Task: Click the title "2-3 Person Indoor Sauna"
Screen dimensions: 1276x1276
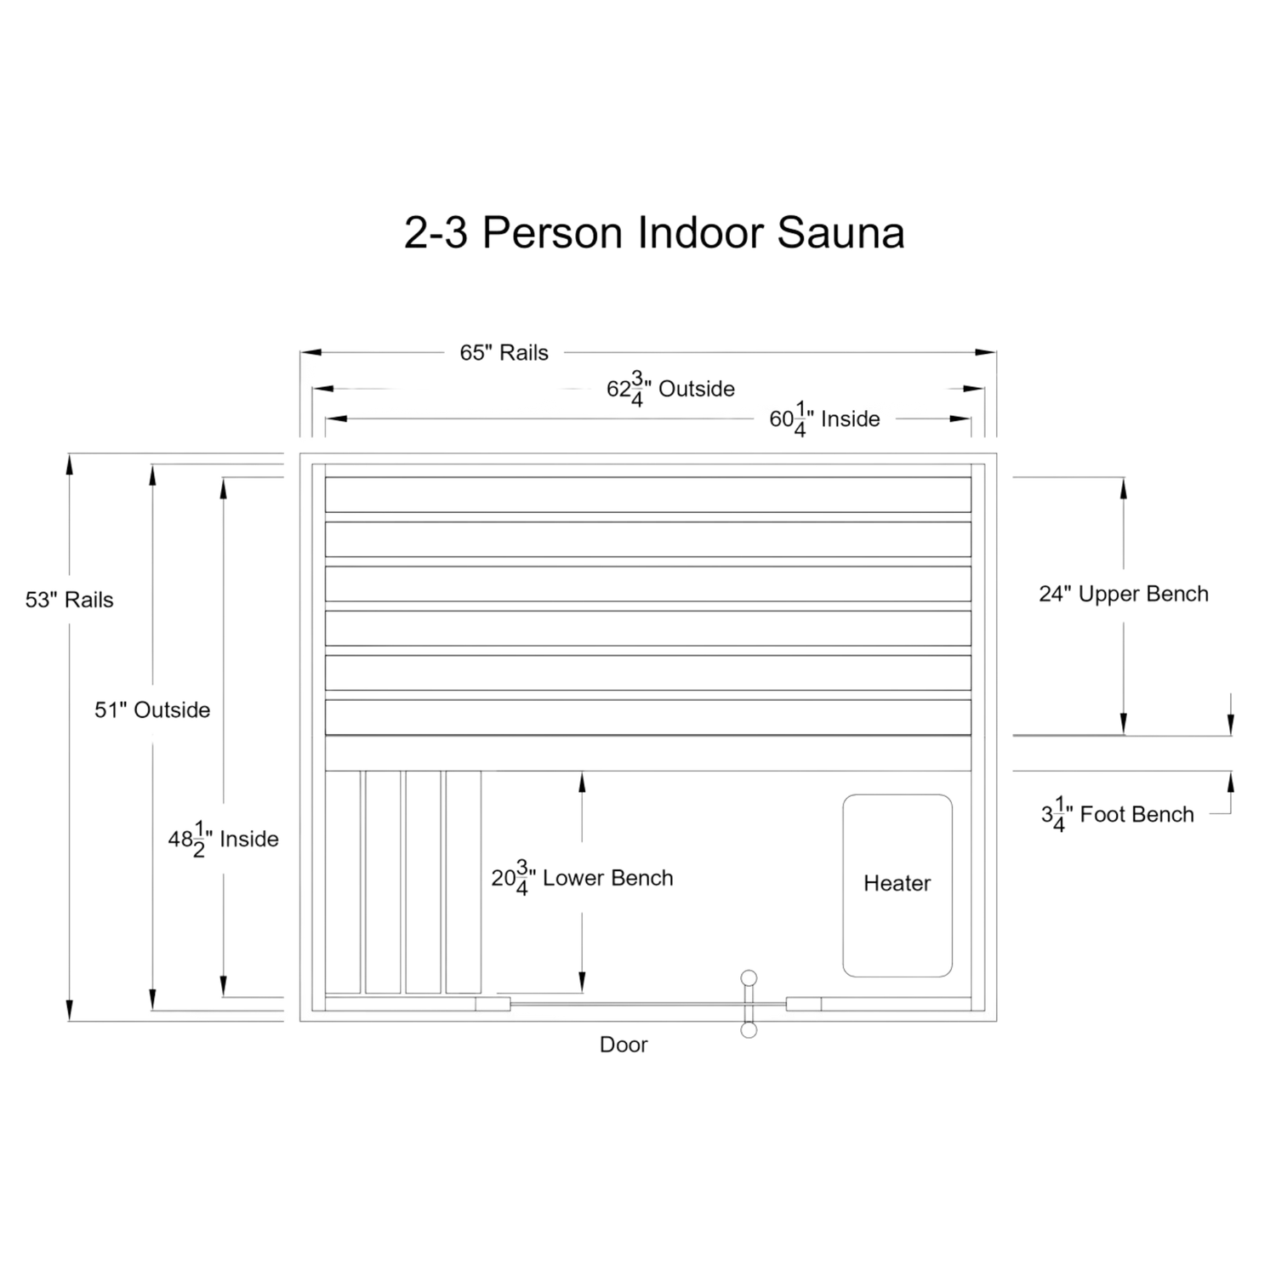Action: pyautogui.click(x=653, y=232)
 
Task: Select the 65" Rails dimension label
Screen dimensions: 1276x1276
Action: pyautogui.click(x=504, y=352)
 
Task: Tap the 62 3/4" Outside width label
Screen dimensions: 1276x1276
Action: pyautogui.click(x=670, y=390)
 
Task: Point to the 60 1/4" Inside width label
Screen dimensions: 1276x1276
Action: pyautogui.click(x=824, y=419)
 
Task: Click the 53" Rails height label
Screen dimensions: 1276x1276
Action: pyautogui.click(x=70, y=600)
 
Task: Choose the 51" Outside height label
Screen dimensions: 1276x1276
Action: pyautogui.click(x=152, y=709)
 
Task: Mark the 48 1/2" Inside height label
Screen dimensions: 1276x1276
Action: pyautogui.click(x=223, y=840)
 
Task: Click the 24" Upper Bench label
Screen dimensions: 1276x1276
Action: pyautogui.click(x=1123, y=594)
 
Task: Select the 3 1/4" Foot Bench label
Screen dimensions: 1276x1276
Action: pyautogui.click(x=1117, y=815)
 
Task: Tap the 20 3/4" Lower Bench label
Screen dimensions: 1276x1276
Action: pyautogui.click(x=583, y=878)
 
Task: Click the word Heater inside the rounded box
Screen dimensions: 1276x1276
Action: pyautogui.click(x=897, y=884)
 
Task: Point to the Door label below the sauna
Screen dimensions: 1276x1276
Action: pyautogui.click(x=623, y=1045)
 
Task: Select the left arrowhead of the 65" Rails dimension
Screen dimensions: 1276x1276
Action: pyautogui.click(x=305, y=352)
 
